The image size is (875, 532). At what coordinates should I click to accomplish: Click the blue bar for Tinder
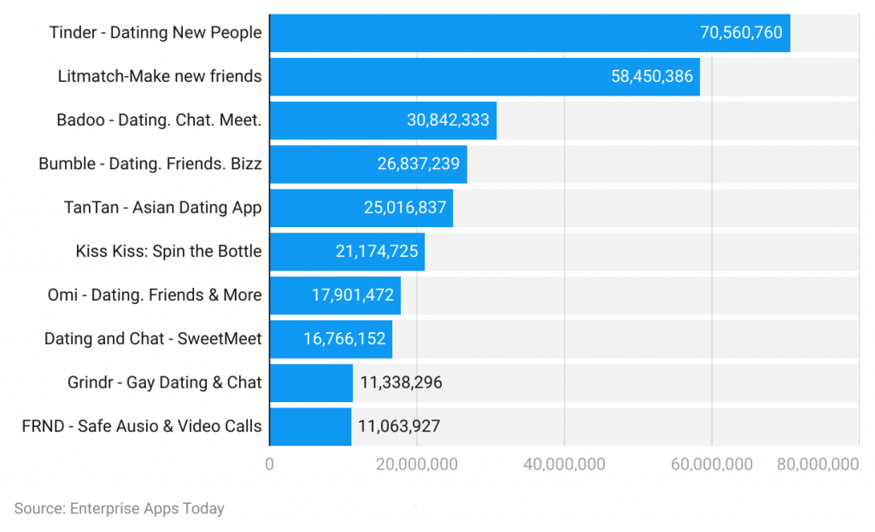click(x=479, y=33)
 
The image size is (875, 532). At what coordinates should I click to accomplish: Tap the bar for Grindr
click(x=311, y=382)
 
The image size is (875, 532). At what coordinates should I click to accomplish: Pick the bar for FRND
click(x=310, y=426)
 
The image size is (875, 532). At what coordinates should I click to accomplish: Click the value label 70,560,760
click(x=741, y=33)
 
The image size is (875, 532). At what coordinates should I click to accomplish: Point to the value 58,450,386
click(x=652, y=77)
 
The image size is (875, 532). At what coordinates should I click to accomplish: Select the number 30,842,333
click(x=448, y=120)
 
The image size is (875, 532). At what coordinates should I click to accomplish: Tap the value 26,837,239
click(x=419, y=164)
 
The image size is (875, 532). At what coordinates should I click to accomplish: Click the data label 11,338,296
click(x=401, y=382)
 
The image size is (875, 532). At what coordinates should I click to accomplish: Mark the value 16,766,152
click(x=344, y=338)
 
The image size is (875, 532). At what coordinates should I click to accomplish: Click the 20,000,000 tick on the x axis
click(x=416, y=465)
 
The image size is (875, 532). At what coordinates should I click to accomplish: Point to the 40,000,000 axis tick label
click(x=564, y=465)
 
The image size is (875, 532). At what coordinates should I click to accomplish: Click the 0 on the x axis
click(x=269, y=465)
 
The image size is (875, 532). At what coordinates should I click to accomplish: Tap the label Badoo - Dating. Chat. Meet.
click(x=159, y=120)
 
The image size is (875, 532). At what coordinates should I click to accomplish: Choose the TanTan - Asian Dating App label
click(x=162, y=208)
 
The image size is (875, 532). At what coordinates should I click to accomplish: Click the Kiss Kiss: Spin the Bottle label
click(x=168, y=251)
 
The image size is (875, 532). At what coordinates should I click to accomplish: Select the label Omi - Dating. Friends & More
click(x=155, y=295)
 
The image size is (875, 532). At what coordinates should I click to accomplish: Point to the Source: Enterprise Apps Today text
click(x=119, y=508)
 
